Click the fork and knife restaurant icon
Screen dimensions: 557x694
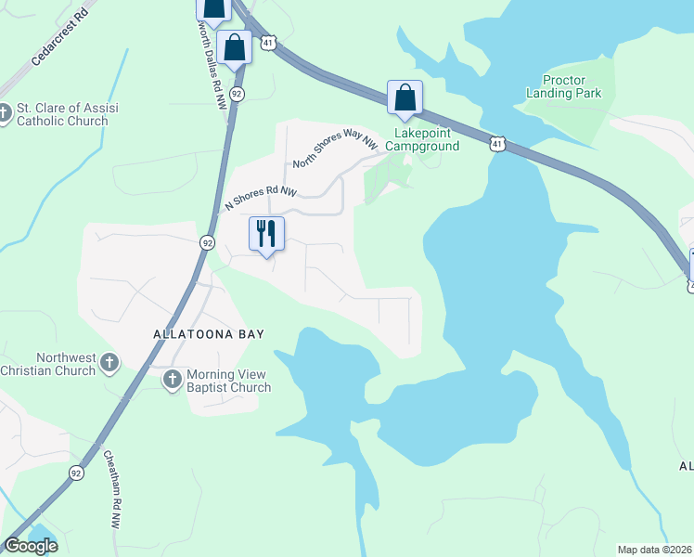tap(266, 233)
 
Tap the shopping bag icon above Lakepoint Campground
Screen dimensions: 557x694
tap(405, 97)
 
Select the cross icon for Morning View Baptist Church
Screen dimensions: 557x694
tap(173, 379)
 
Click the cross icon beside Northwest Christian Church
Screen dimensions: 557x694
tap(109, 362)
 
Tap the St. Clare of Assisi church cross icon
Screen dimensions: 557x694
tap(4, 113)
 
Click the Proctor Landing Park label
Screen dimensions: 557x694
tap(563, 87)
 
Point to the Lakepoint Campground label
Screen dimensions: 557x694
tap(422, 140)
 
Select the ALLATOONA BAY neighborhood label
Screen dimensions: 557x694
tap(210, 334)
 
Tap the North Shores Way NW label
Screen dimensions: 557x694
tap(336, 151)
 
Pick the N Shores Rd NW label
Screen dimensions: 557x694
tap(261, 198)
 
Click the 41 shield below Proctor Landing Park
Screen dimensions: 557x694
tap(498, 144)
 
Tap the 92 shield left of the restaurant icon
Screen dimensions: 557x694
tap(206, 242)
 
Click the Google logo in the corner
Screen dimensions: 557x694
tap(31, 546)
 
